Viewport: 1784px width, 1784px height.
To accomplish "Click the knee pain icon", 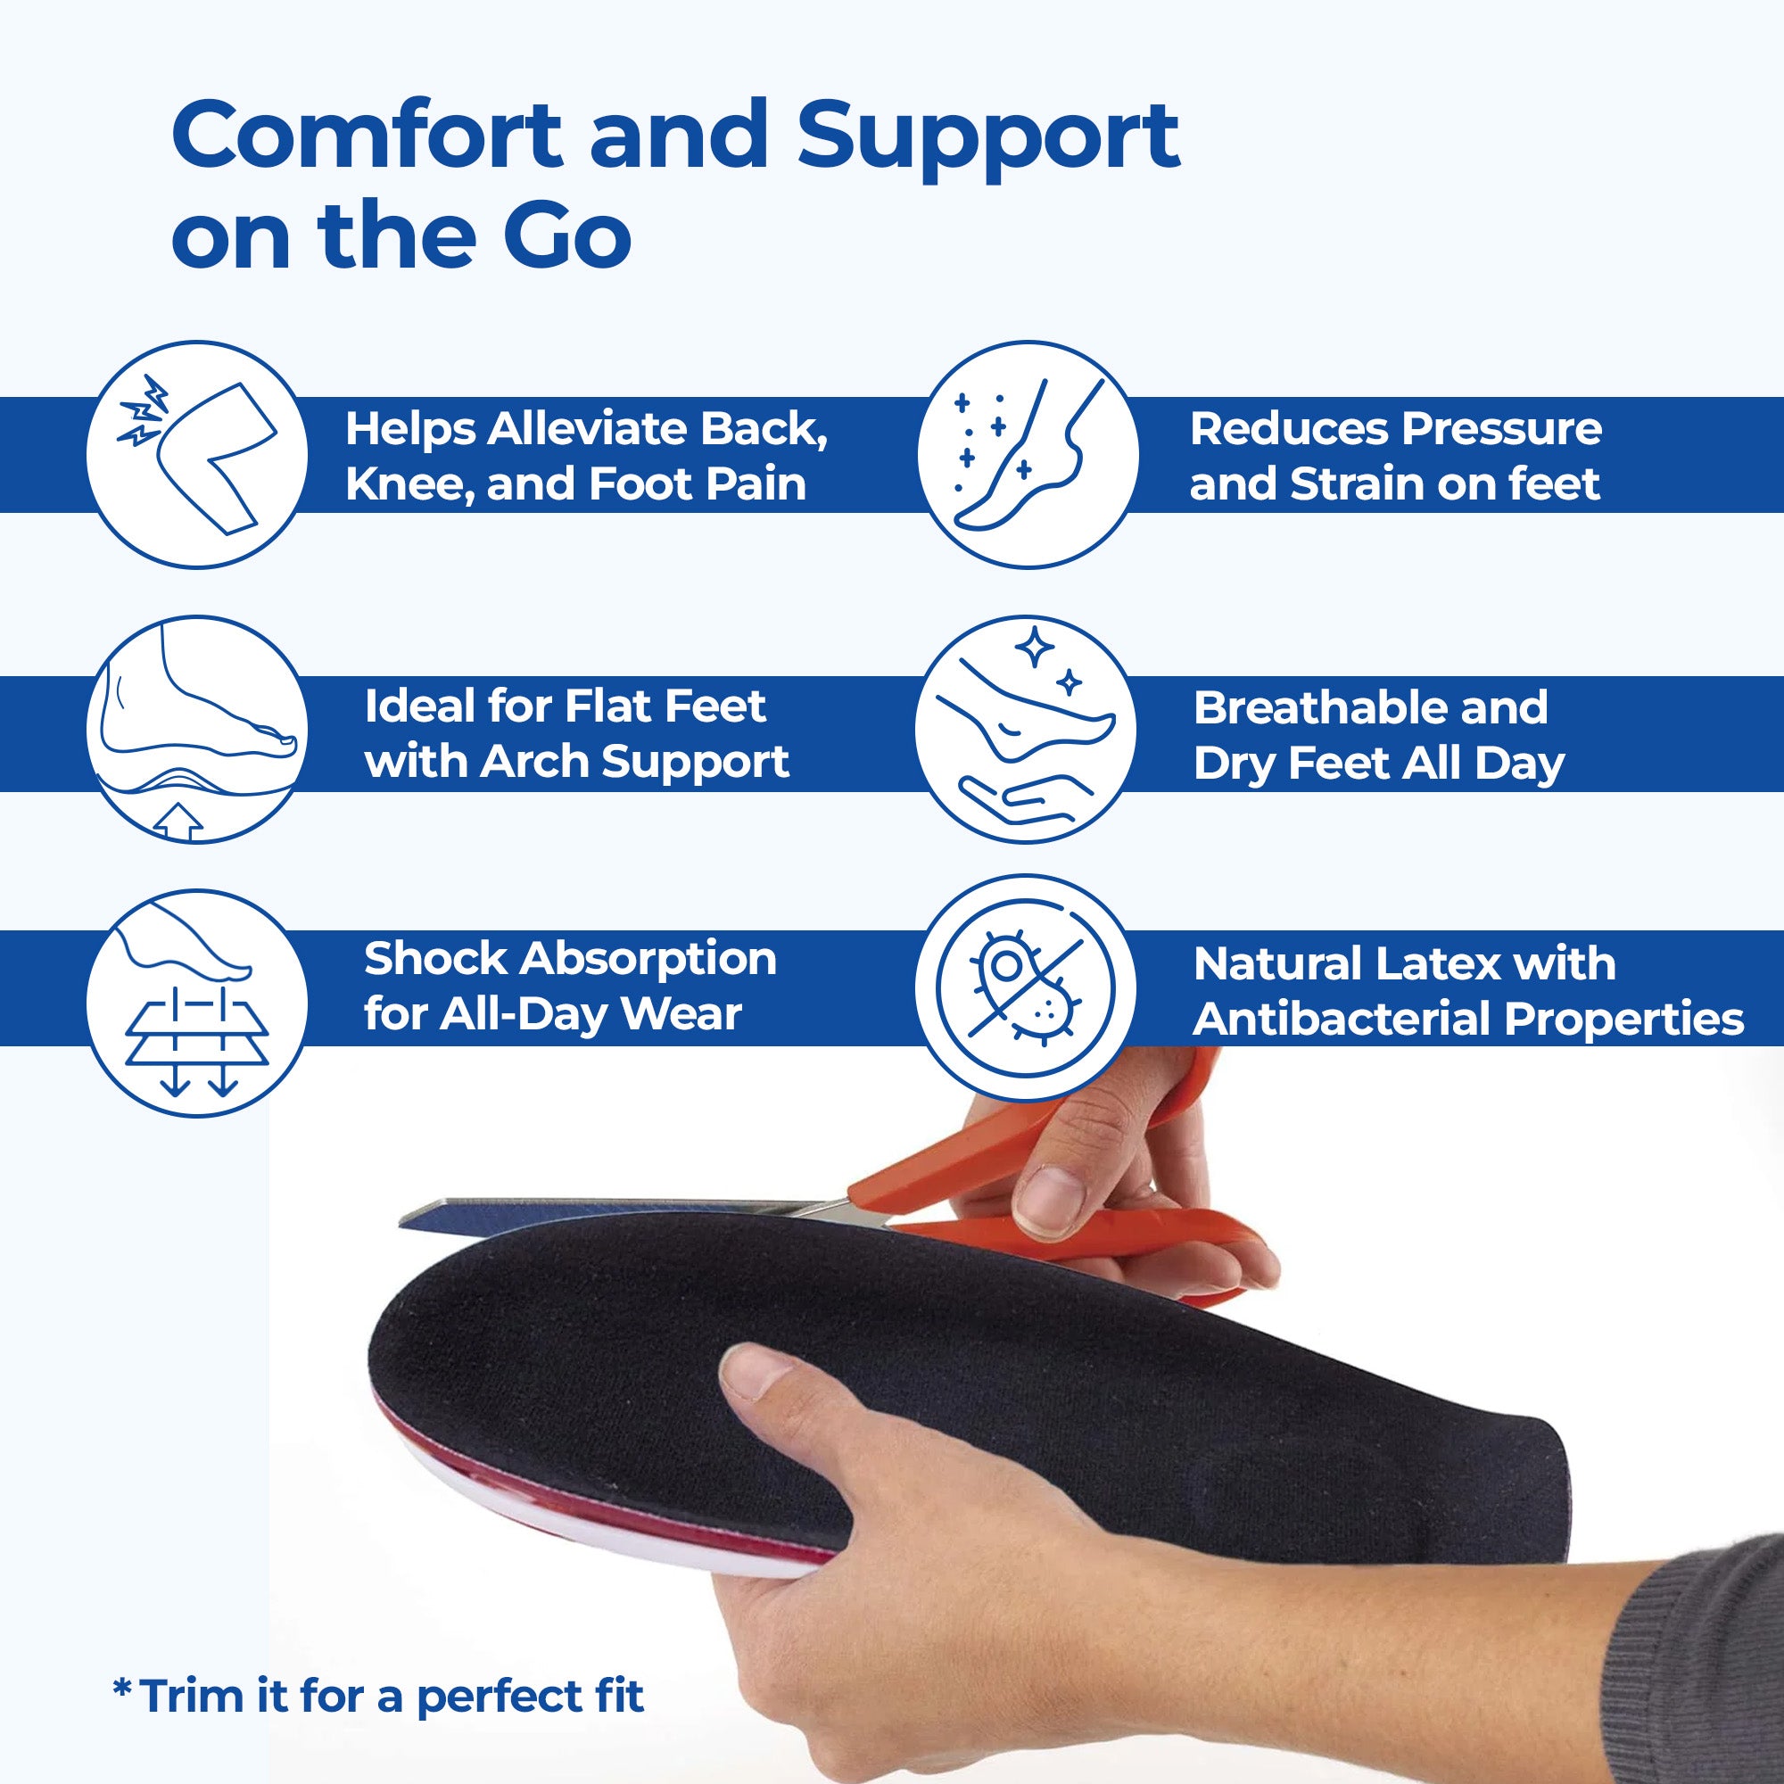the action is [x=196, y=455].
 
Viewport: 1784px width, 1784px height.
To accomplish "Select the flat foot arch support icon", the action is [x=196, y=730].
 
